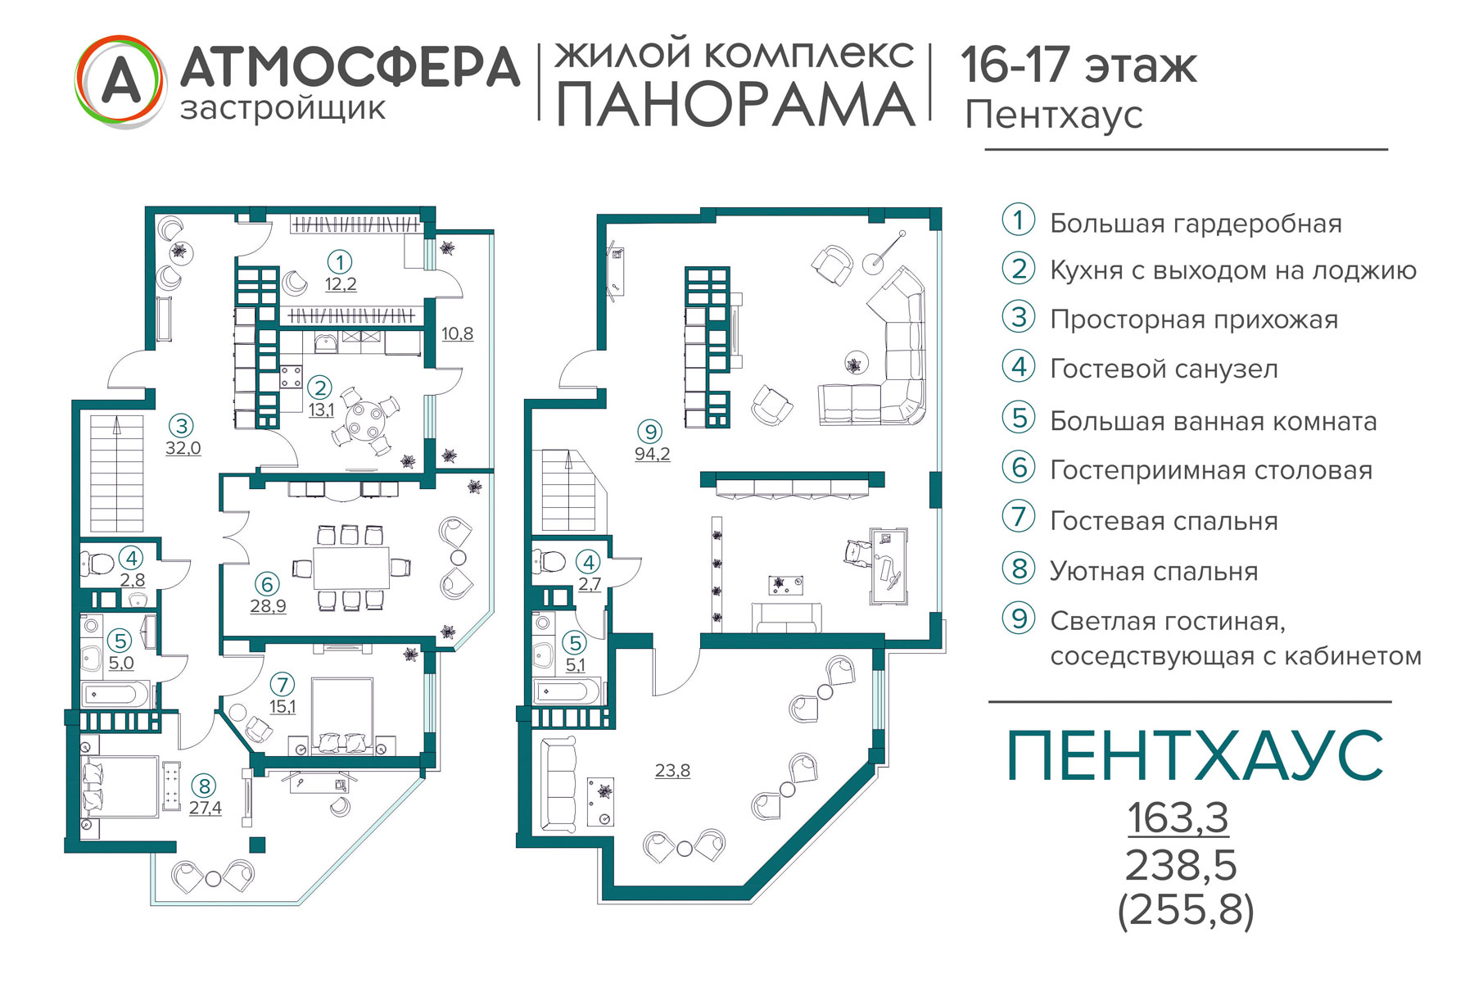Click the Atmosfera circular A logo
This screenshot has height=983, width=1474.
point(120,82)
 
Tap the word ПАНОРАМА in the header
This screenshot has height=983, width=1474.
point(735,104)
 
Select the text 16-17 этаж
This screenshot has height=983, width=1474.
point(1078,65)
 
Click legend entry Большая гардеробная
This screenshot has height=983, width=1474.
point(1196,224)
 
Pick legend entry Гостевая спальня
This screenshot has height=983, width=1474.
point(1164,521)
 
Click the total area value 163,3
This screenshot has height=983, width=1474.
point(1178,817)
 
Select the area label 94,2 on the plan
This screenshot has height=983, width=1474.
point(652,454)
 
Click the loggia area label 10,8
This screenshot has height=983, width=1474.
point(457,334)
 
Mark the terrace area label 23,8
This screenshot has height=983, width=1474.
point(672,770)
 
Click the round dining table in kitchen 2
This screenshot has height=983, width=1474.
point(364,421)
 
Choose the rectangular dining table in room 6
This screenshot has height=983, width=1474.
point(351,567)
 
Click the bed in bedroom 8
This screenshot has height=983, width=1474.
point(120,786)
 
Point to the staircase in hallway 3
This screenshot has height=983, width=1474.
point(116,473)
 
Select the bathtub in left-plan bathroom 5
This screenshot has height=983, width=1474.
point(120,695)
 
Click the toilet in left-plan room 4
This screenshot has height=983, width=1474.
point(97,564)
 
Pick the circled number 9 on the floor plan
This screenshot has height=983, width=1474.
point(650,432)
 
